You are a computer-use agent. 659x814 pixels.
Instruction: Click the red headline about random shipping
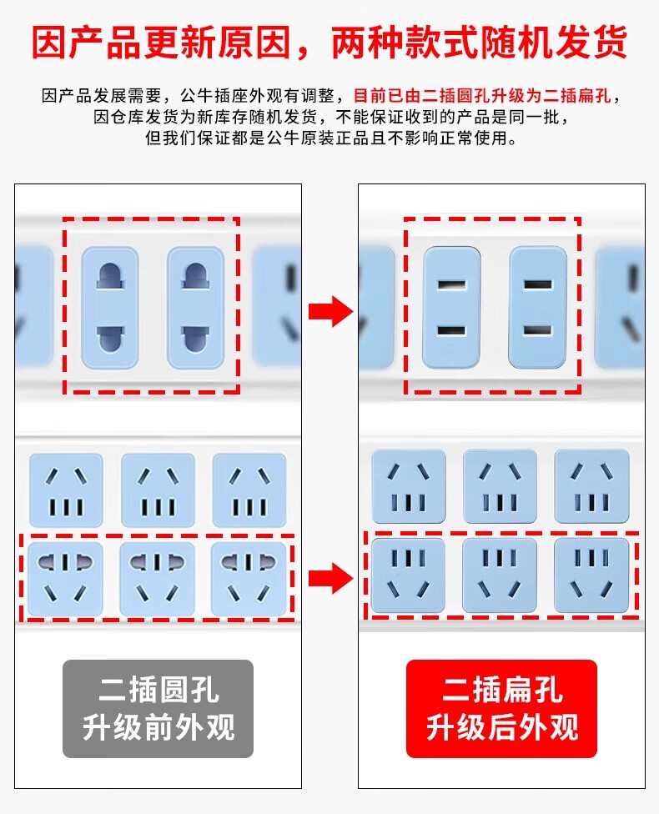pos(329,41)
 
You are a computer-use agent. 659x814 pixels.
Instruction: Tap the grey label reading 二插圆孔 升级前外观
pos(158,709)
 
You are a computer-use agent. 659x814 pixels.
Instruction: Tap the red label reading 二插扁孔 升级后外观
pos(501,709)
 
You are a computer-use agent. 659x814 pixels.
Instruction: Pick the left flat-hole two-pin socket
pos(450,308)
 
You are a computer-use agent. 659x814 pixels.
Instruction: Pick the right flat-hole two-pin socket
pos(537,308)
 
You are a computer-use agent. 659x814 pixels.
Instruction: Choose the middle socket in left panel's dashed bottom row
pos(158,579)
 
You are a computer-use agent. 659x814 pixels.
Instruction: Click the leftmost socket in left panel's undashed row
pos(66,490)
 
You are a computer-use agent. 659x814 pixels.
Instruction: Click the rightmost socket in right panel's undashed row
pos(591,487)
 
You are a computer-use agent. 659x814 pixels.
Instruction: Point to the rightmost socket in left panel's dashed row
pos(249,579)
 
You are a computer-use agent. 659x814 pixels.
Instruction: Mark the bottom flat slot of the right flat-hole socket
pos(537,331)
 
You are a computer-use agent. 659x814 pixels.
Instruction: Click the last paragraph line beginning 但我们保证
pos(331,138)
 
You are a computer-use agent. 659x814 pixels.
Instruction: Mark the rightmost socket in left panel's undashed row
pos(249,490)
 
